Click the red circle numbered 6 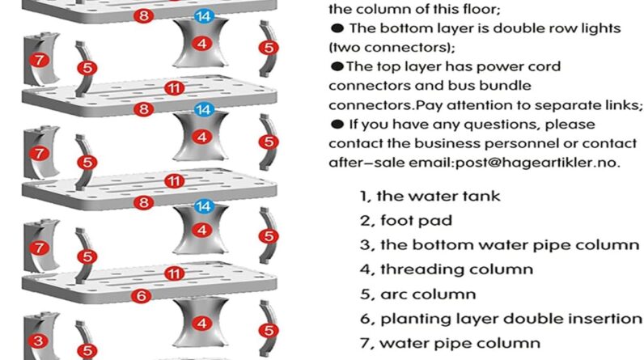click(x=142, y=295)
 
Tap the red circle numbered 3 click(x=39, y=341)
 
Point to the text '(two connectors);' click(x=392, y=48)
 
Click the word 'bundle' click(x=506, y=86)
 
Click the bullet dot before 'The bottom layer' click(x=337, y=28)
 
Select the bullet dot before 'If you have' click(x=337, y=125)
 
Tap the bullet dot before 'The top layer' click(x=337, y=66)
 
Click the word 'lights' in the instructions click(x=601, y=29)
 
